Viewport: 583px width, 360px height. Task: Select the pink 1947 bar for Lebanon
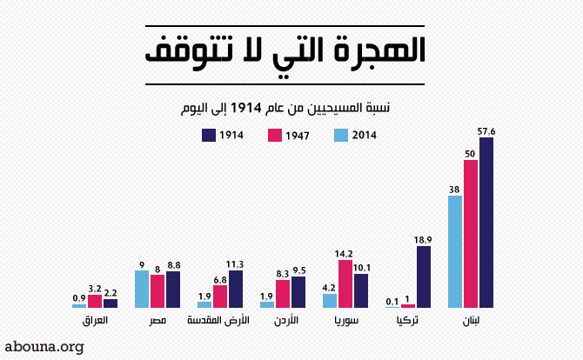click(x=471, y=234)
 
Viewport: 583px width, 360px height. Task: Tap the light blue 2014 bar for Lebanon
click(x=455, y=251)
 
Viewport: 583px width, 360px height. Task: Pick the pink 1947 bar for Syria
click(x=345, y=283)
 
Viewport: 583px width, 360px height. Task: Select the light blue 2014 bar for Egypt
click(x=142, y=289)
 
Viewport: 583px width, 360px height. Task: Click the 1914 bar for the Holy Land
click(x=236, y=289)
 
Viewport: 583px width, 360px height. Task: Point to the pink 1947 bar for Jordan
click(x=283, y=293)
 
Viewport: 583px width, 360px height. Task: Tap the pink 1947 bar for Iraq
click(x=95, y=301)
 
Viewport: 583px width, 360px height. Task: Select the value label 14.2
click(x=345, y=253)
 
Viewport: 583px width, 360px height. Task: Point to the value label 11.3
click(x=236, y=263)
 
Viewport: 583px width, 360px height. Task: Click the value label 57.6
click(x=486, y=131)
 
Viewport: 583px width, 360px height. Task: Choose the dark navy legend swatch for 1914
click(x=208, y=135)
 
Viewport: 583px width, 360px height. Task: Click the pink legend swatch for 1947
click(x=274, y=135)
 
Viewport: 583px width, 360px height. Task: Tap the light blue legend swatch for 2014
click(x=341, y=135)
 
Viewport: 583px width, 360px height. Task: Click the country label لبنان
click(x=470, y=321)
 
